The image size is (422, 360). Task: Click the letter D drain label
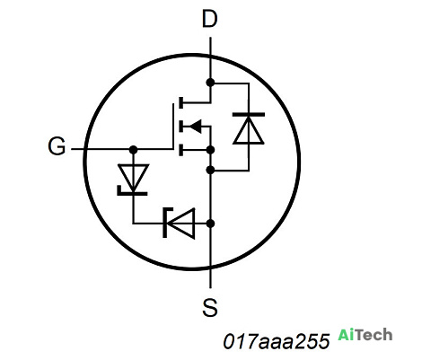point(210,19)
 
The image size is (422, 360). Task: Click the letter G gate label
point(57,146)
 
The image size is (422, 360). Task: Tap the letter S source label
point(210,307)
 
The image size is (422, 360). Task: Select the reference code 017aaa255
point(277,341)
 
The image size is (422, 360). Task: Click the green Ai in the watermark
point(347,335)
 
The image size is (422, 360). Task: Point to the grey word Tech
point(374,335)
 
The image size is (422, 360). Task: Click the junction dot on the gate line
point(133,149)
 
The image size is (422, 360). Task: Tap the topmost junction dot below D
point(210,83)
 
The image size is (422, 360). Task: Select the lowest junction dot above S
point(210,224)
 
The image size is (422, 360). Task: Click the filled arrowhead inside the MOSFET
point(196,127)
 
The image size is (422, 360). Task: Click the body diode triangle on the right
point(249,130)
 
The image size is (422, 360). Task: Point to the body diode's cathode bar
point(249,114)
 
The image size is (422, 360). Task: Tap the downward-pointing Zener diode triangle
point(133,178)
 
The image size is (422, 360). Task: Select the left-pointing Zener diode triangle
point(180,224)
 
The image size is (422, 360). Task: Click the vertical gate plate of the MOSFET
point(173,127)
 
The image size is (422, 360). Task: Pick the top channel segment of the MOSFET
point(180,102)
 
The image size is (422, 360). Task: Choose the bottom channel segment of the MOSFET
point(180,150)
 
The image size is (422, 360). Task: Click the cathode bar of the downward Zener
point(132,192)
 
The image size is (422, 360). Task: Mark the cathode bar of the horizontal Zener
point(166,223)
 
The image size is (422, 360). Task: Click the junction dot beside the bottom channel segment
point(210,150)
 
